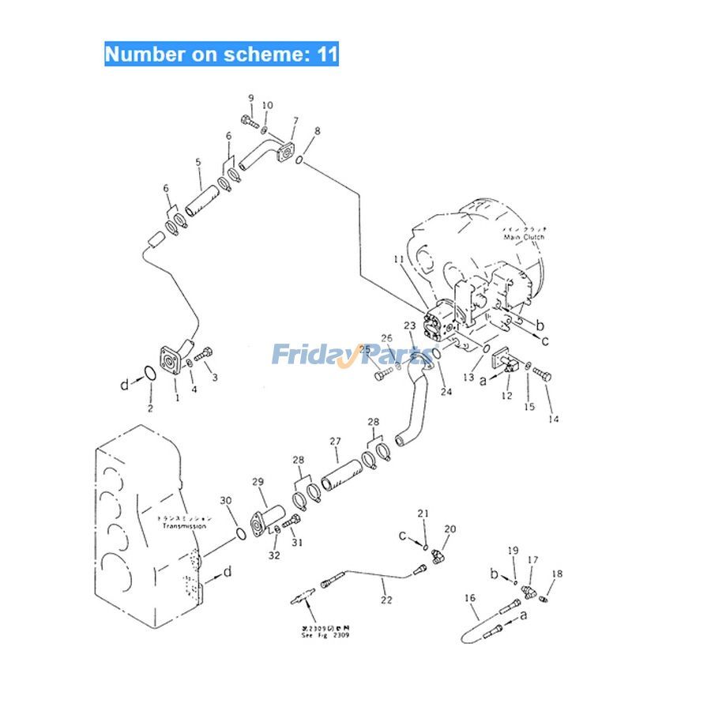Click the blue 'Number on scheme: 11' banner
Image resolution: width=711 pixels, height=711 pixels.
[x=222, y=55]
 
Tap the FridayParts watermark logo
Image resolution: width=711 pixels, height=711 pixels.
[x=355, y=355]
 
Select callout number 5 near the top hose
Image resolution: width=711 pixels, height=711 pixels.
[x=199, y=163]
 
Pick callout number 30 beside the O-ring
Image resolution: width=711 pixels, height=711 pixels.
[x=226, y=501]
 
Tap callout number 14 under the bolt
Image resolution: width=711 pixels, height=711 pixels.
[x=554, y=419]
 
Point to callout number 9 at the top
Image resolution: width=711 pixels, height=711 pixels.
[x=251, y=98]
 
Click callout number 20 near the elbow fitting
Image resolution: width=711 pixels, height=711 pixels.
[x=450, y=529]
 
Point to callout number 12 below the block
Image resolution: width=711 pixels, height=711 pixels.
[x=507, y=395]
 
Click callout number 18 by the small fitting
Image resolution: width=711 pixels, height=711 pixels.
[x=558, y=574]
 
